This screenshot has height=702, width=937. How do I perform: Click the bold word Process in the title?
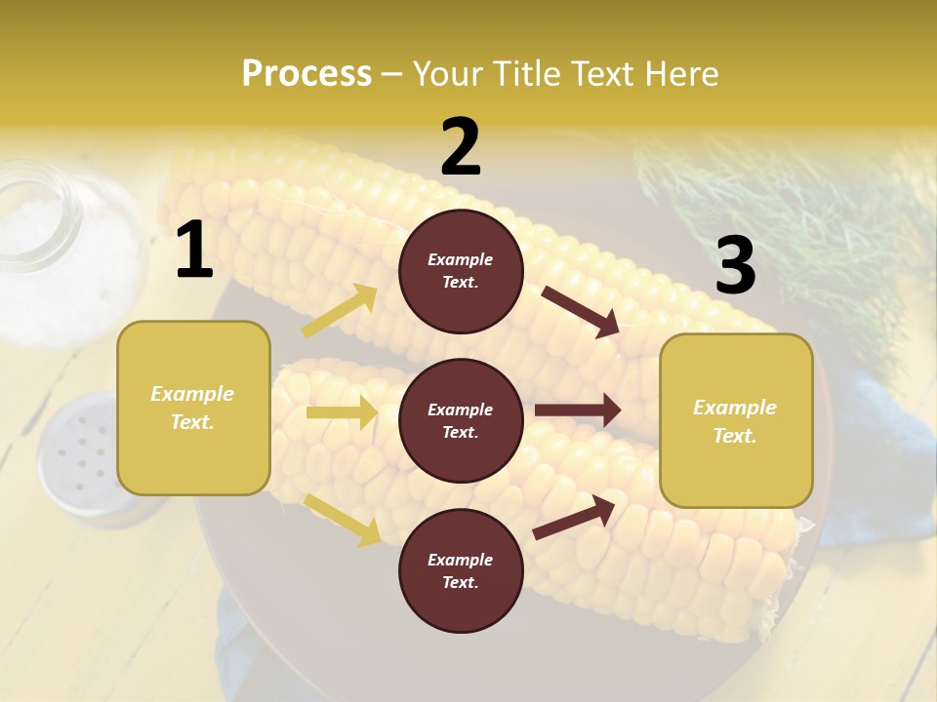coord(306,73)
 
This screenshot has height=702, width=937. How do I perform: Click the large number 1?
coord(194,251)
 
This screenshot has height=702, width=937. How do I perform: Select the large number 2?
coord(461,147)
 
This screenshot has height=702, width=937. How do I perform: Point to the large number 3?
coord(735,265)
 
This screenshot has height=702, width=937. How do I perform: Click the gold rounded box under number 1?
coord(193,408)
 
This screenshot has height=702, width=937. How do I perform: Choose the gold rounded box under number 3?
coord(736,421)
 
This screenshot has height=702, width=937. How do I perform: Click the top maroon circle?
coord(461,271)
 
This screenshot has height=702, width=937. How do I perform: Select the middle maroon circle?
coord(461,420)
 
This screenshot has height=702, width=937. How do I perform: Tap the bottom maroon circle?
coord(461,570)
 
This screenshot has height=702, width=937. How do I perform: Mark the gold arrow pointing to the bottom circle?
coord(342,519)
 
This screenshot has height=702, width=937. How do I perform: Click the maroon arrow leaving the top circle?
coord(580,311)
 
